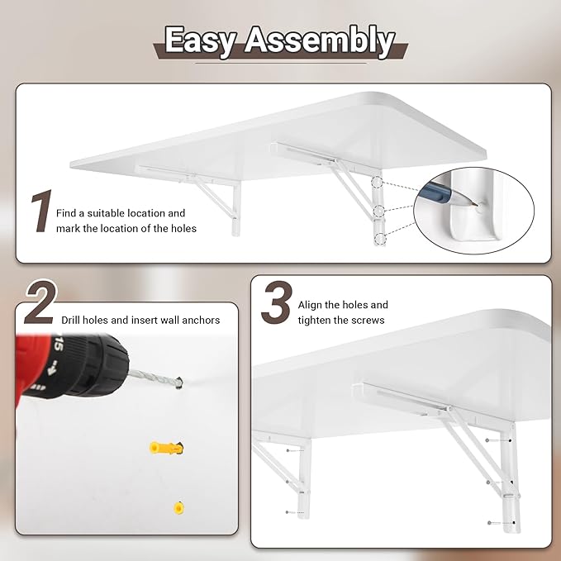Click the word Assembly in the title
tap(319, 41)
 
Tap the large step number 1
tap(40, 213)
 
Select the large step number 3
tap(276, 303)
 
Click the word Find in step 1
tap(69, 213)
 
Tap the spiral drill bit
tap(154, 378)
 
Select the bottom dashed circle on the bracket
tap(379, 239)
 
